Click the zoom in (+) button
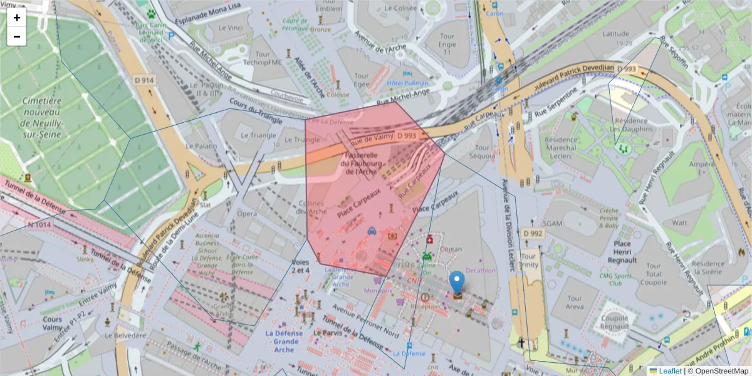coord(17,18)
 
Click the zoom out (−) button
coord(17,36)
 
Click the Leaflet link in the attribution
coord(670,370)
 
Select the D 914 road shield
coord(145,80)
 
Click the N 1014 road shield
coord(39,224)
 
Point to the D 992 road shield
coord(533,234)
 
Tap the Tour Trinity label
coord(528,260)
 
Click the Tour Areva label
coord(574,302)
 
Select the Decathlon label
coord(481,271)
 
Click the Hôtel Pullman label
coord(408,83)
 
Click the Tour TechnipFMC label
coord(263,58)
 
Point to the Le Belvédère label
coord(125,335)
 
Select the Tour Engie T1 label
coord(447,44)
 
